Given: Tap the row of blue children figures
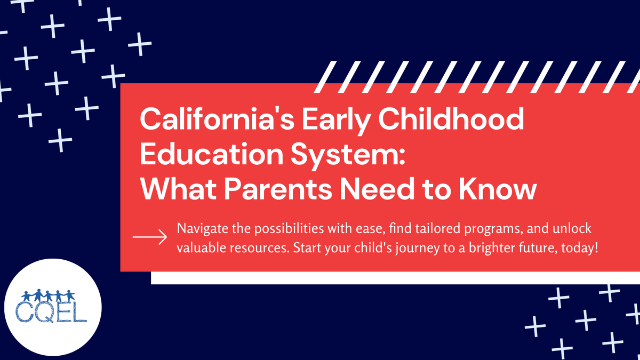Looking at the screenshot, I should (x=51, y=295).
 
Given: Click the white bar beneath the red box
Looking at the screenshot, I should (x=394, y=278).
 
